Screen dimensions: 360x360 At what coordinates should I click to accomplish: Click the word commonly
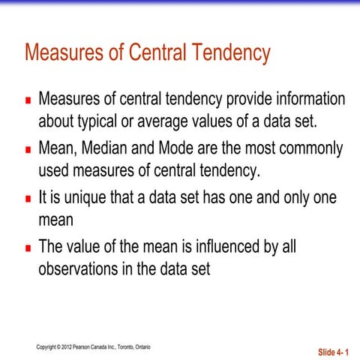click(307, 148)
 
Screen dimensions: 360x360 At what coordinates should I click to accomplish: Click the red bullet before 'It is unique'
click(27, 199)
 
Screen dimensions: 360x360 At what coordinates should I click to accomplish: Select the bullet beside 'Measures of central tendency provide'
click(27, 100)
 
